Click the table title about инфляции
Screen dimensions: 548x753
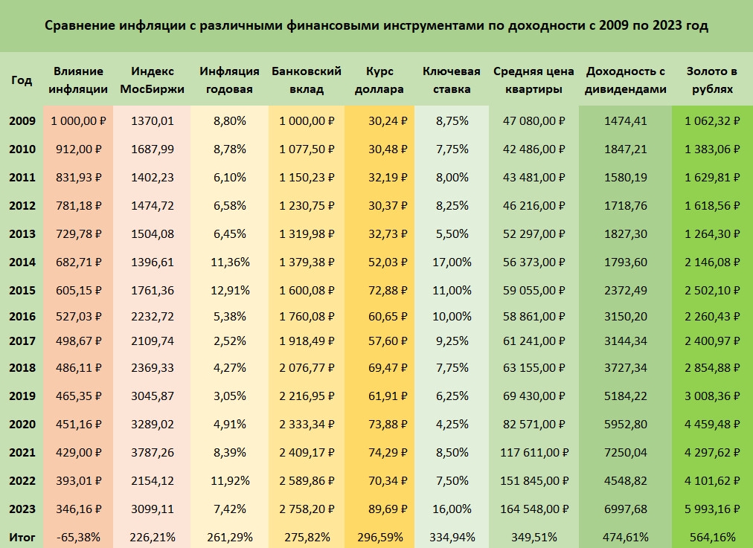click(376, 26)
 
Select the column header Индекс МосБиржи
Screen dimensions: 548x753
click(153, 80)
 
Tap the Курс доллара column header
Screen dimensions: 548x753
click(379, 80)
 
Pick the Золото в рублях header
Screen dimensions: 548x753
click(712, 80)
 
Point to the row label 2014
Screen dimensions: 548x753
click(22, 262)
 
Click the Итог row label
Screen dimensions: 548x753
click(22, 536)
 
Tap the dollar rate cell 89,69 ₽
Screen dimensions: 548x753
click(379, 509)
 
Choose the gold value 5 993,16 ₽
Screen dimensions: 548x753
click(712, 509)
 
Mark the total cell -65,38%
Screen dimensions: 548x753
click(78, 536)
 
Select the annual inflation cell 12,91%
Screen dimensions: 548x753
click(229, 289)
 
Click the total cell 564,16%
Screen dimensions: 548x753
click(712, 536)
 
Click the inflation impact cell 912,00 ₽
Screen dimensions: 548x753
click(78, 149)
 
